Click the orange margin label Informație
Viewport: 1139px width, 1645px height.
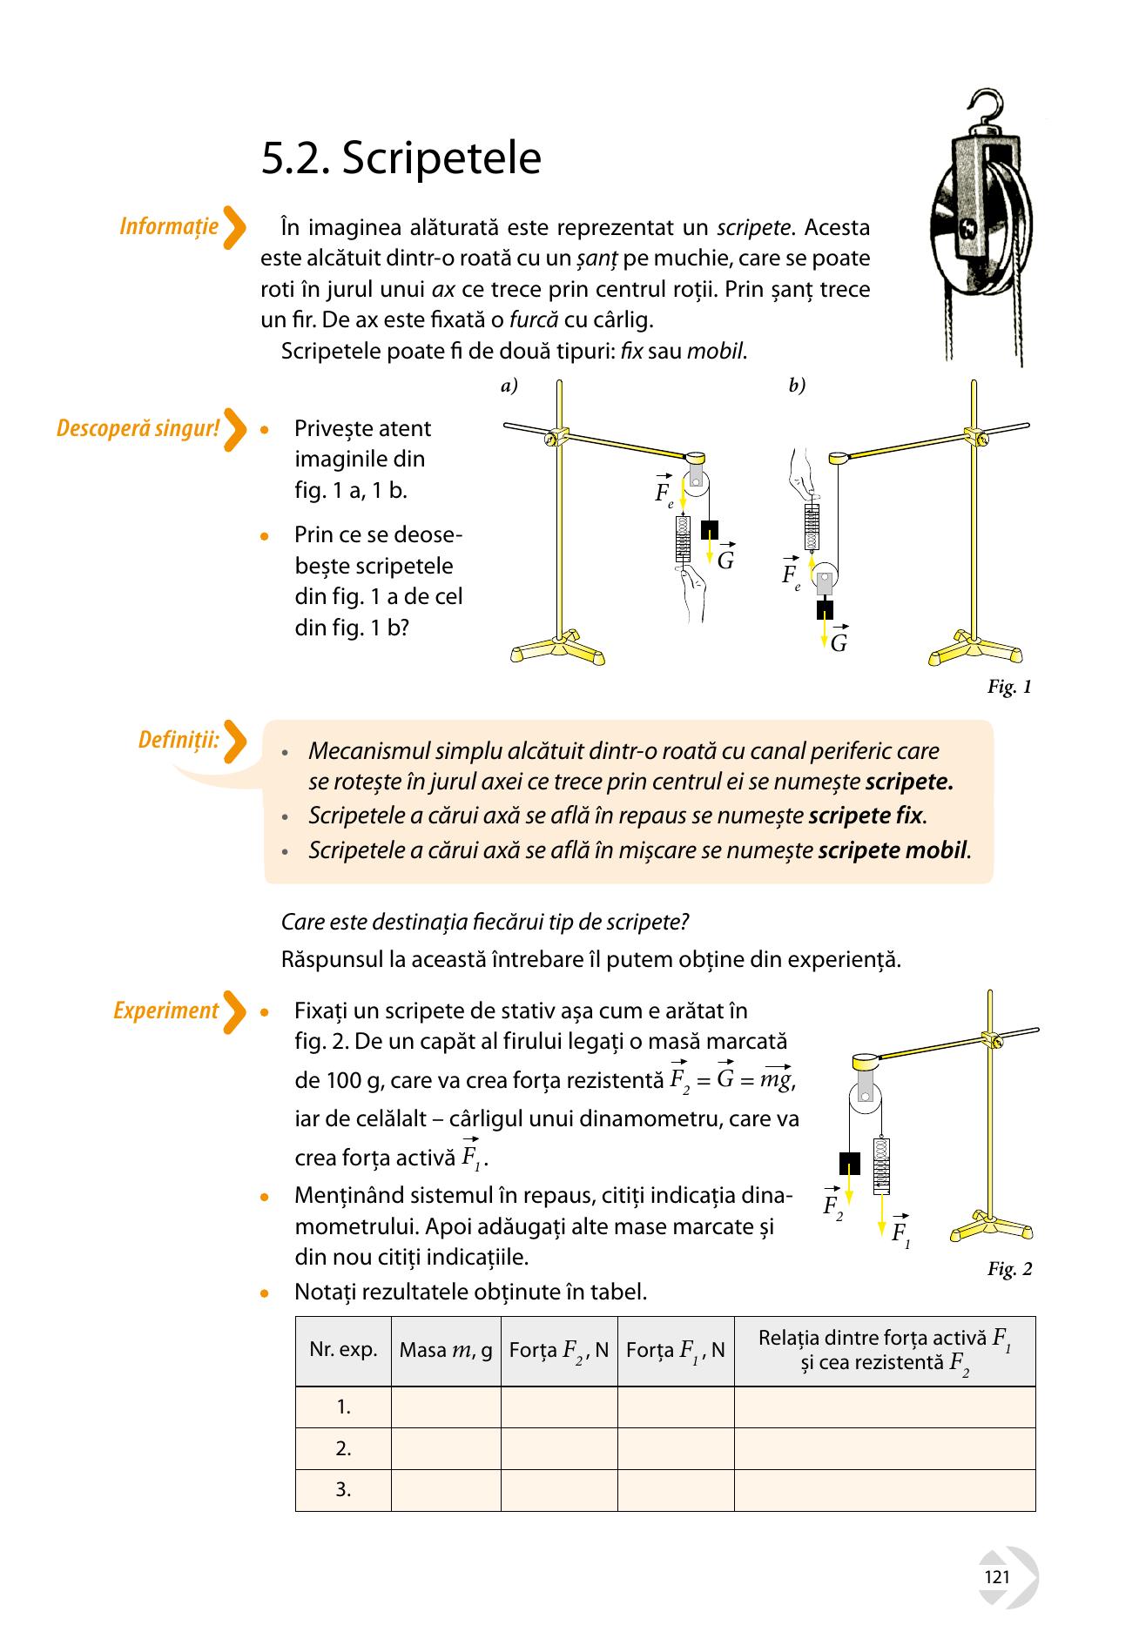(169, 226)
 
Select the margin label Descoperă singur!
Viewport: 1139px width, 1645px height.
(138, 428)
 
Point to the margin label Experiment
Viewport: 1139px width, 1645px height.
(165, 1010)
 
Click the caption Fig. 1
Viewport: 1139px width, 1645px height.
(1009, 687)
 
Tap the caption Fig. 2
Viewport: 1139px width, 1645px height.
(1009, 1269)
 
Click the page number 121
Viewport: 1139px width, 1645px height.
(997, 1577)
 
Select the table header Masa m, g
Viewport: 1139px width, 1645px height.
(446, 1351)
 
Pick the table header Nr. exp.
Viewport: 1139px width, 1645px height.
(343, 1350)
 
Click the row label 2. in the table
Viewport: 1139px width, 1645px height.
(343, 1448)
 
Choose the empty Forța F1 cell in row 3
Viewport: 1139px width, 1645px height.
(676, 1490)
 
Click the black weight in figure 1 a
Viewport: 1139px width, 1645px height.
(710, 529)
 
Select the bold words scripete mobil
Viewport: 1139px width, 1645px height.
(893, 849)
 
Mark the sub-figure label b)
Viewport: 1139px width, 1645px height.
(797, 386)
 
